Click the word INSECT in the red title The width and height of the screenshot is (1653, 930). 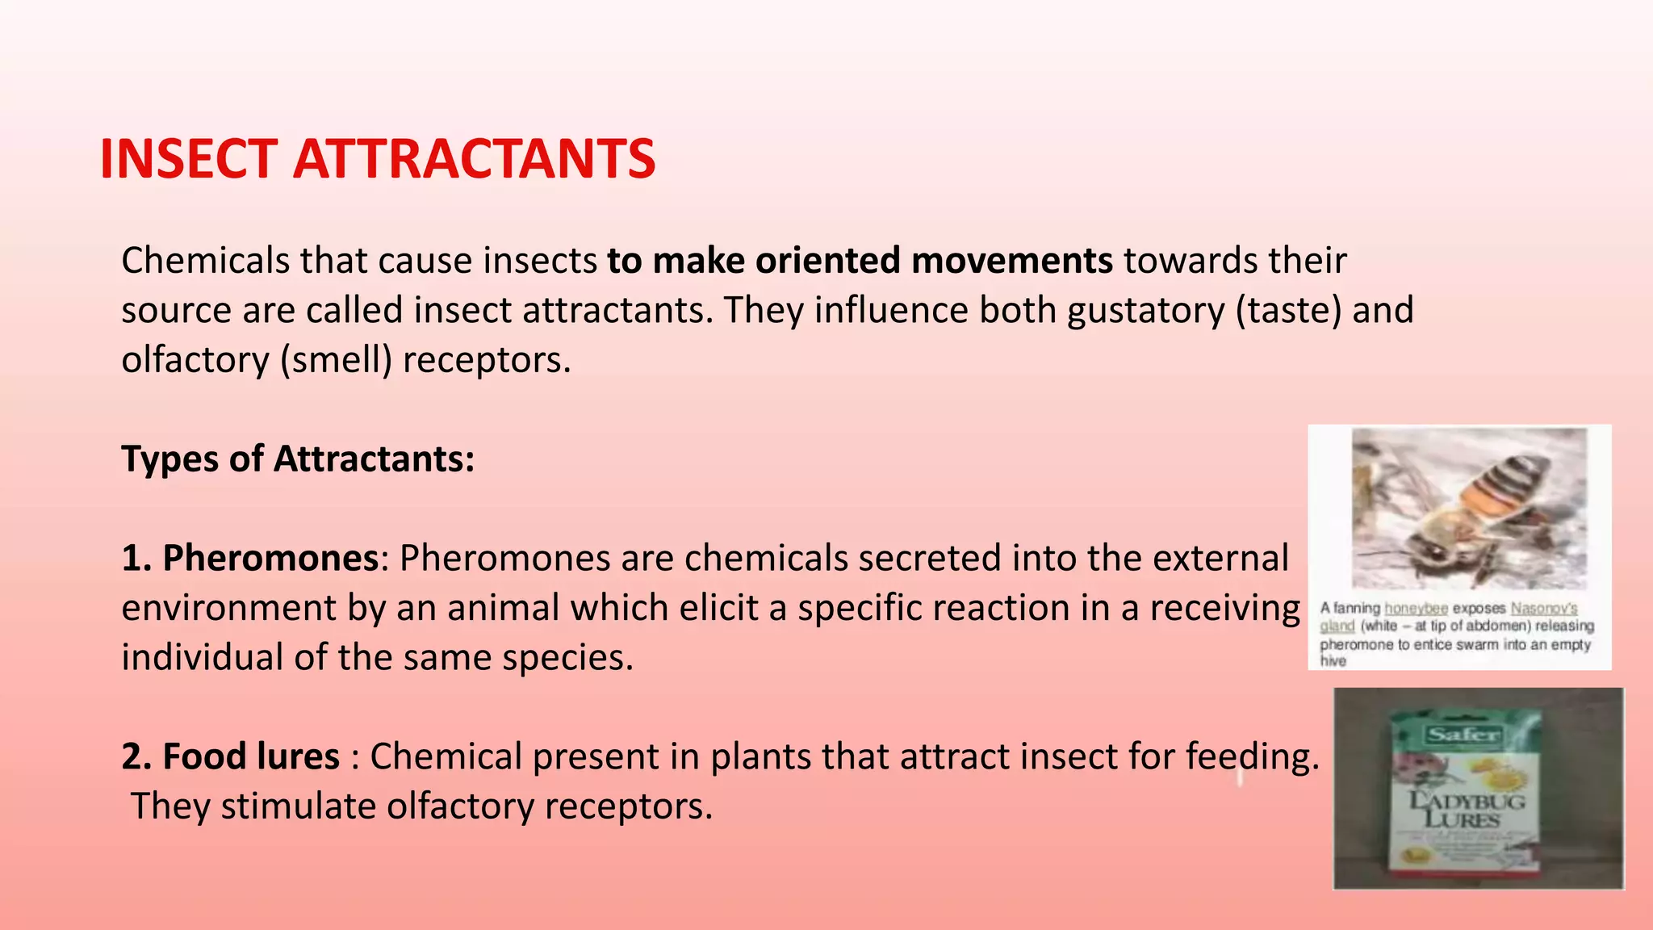click(188, 159)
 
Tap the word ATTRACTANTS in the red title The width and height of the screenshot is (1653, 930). click(474, 159)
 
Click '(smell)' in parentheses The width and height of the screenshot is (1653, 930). click(336, 360)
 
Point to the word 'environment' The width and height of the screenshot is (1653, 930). click(228, 608)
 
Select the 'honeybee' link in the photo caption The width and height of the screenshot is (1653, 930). click(1417, 609)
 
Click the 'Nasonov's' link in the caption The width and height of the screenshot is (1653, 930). click(1543, 609)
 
